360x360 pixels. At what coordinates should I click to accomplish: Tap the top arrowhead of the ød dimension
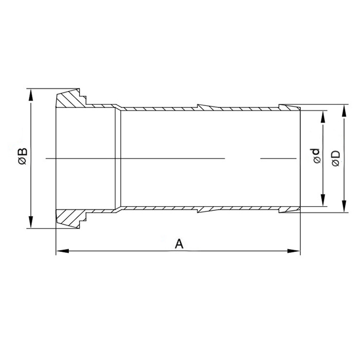[323, 115]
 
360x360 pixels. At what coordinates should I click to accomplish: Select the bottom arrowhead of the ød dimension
[323, 203]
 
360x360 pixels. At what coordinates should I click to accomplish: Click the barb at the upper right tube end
[288, 107]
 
